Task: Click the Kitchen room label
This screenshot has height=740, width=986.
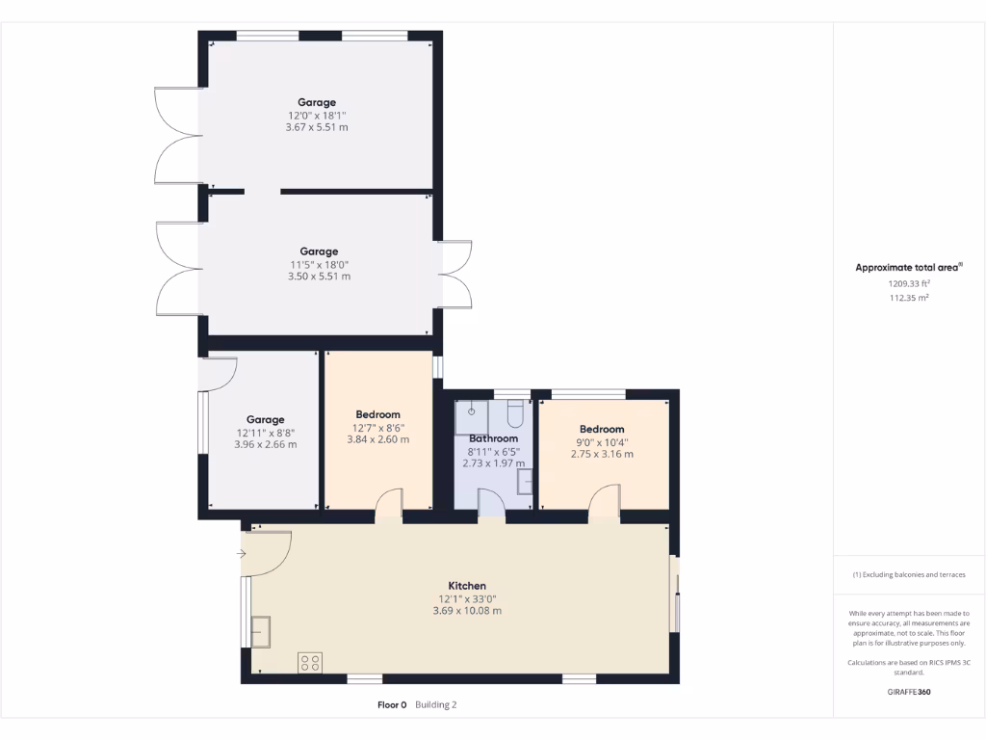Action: pyautogui.click(x=467, y=586)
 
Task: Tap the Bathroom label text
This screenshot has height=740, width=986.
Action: pyautogui.click(x=493, y=438)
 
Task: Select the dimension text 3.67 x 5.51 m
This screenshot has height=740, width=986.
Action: pyautogui.click(x=317, y=127)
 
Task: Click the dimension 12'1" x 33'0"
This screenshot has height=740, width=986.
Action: pyautogui.click(x=467, y=598)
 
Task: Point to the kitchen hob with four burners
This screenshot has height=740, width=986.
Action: pyautogui.click(x=310, y=662)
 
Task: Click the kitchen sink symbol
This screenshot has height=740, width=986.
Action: pyautogui.click(x=261, y=631)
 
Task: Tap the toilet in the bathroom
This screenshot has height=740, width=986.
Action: pyautogui.click(x=514, y=414)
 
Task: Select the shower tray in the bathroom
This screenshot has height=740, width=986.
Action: pyautogui.click(x=472, y=414)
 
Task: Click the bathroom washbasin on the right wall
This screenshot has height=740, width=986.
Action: pyautogui.click(x=525, y=481)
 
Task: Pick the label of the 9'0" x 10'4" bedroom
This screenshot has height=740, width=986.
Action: pyautogui.click(x=602, y=429)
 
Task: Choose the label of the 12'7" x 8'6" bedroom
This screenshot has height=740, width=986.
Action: pyautogui.click(x=377, y=414)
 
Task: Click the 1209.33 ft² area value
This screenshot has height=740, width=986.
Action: pyautogui.click(x=908, y=284)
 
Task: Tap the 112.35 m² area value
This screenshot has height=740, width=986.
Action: pyautogui.click(x=908, y=299)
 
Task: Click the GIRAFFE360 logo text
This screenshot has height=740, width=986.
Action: pyautogui.click(x=908, y=692)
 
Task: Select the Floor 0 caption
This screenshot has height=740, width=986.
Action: pyautogui.click(x=392, y=705)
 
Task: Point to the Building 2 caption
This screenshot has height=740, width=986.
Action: pyautogui.click(x=436, y=705)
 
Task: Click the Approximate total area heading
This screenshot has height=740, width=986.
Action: pyautogui.click(x=906, y=268)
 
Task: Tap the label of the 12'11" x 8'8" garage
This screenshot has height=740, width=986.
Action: pyautogui.click(x=265, y=419)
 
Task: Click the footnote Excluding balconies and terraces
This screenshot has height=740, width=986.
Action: pyautogui.click(x=908, y=575)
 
